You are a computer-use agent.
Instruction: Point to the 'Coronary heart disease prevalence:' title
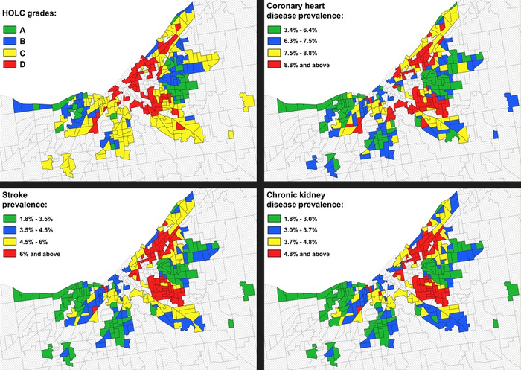tap(310, 14)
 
